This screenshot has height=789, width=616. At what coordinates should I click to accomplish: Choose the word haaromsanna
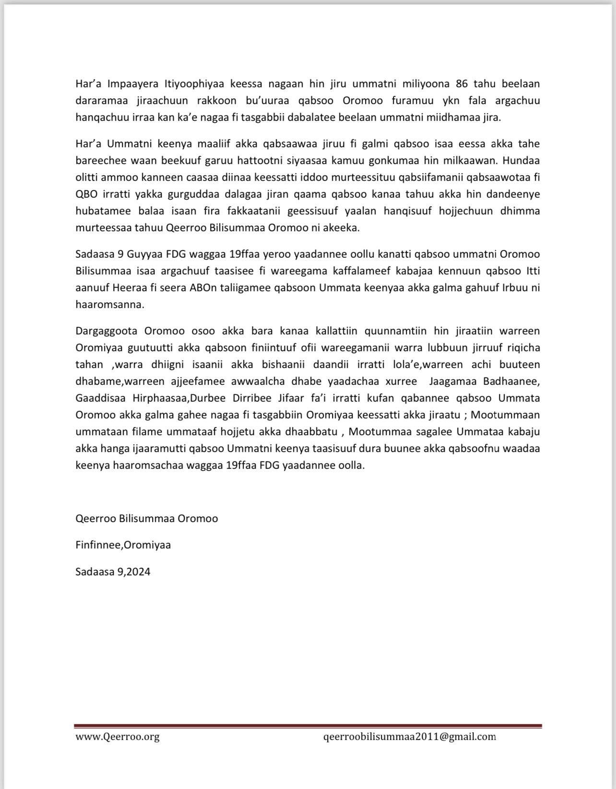click(x=109, y=304)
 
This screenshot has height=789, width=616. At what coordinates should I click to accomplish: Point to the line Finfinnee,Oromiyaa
click(x=123, y=545)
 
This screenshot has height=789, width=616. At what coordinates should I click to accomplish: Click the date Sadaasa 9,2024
click(x=113, y=572)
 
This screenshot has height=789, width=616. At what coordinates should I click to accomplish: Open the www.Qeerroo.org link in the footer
click(x=118, y=737)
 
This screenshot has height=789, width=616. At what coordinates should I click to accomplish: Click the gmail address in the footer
click(x=410, y=737)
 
